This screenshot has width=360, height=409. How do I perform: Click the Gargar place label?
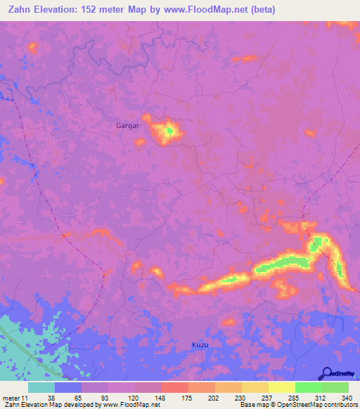coord(128,126)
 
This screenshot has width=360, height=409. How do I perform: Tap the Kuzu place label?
coord(200,345)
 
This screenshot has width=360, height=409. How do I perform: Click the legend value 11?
coord(25,397)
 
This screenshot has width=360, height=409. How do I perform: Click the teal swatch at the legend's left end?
coord(41,387)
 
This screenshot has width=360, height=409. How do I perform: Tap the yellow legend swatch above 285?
coord(281,387)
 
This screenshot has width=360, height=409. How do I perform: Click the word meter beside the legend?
coord(11,397)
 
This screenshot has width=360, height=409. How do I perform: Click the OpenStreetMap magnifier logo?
coord(326,373)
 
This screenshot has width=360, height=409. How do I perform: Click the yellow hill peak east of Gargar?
coord(169,130)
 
